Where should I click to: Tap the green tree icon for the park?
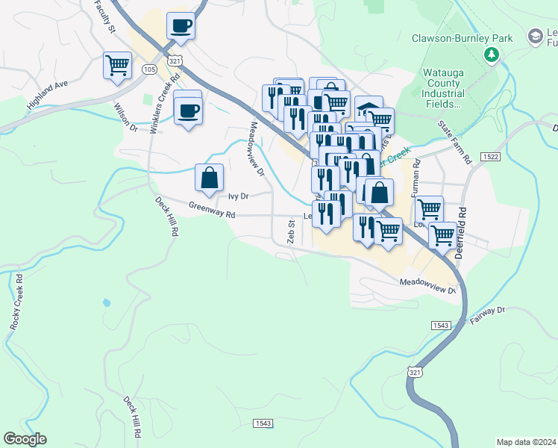coord(492,54)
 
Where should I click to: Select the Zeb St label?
coord(291,231)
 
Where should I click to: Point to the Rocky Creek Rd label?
coord(16,302)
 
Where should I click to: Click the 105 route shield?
coord(148,69)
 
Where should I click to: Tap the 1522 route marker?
coord(490,157)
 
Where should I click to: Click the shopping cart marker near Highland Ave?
coord(117,66)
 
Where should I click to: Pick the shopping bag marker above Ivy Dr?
coord(210,178)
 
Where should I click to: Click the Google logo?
coord(25,439)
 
